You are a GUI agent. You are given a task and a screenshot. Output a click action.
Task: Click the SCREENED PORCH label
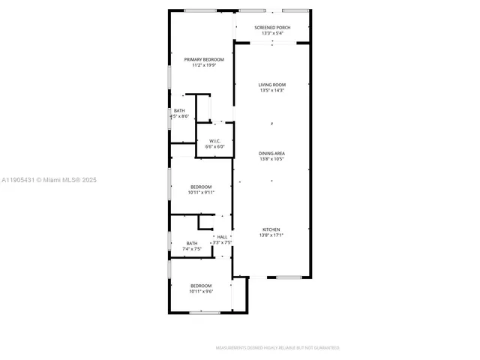click(x=272, y=27)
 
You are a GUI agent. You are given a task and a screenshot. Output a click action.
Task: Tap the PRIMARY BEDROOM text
click(x=199, y=59)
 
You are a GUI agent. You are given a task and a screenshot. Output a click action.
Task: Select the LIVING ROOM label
click(x=272, y=85)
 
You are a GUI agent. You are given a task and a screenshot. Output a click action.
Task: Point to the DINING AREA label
click(x=271, y=153)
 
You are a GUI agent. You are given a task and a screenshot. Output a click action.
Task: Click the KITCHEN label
click(x=271, y=229)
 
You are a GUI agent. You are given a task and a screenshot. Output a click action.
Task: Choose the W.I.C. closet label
click(x=215, y=140)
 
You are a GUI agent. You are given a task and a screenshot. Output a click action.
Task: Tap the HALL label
click(x=222, y=237)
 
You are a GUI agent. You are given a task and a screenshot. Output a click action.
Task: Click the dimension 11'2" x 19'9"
click(x=199, y=65)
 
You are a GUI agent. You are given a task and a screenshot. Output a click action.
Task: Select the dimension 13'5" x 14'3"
click(x=272, y=91)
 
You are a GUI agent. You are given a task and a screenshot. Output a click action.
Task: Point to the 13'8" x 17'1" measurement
click(x=271, y=235)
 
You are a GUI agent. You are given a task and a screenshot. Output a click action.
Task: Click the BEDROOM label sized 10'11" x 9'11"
click(x=201, y=187)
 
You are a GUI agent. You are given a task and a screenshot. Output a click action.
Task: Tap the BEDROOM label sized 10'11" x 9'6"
click(x=201, y=286)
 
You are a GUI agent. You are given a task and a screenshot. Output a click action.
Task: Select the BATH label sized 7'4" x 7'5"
click(x=192, y=243)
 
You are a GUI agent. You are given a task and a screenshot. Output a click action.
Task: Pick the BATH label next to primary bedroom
click(x=179, y=111)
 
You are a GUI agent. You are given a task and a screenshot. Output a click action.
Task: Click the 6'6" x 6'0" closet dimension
click(x=215, y=146)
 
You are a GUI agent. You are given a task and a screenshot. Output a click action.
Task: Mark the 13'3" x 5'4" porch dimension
click(x=272, y=33)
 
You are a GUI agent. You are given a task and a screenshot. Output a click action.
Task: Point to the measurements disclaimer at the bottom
click(x=277, y=348)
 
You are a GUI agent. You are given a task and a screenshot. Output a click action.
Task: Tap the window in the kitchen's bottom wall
click(x=289, y=277)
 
